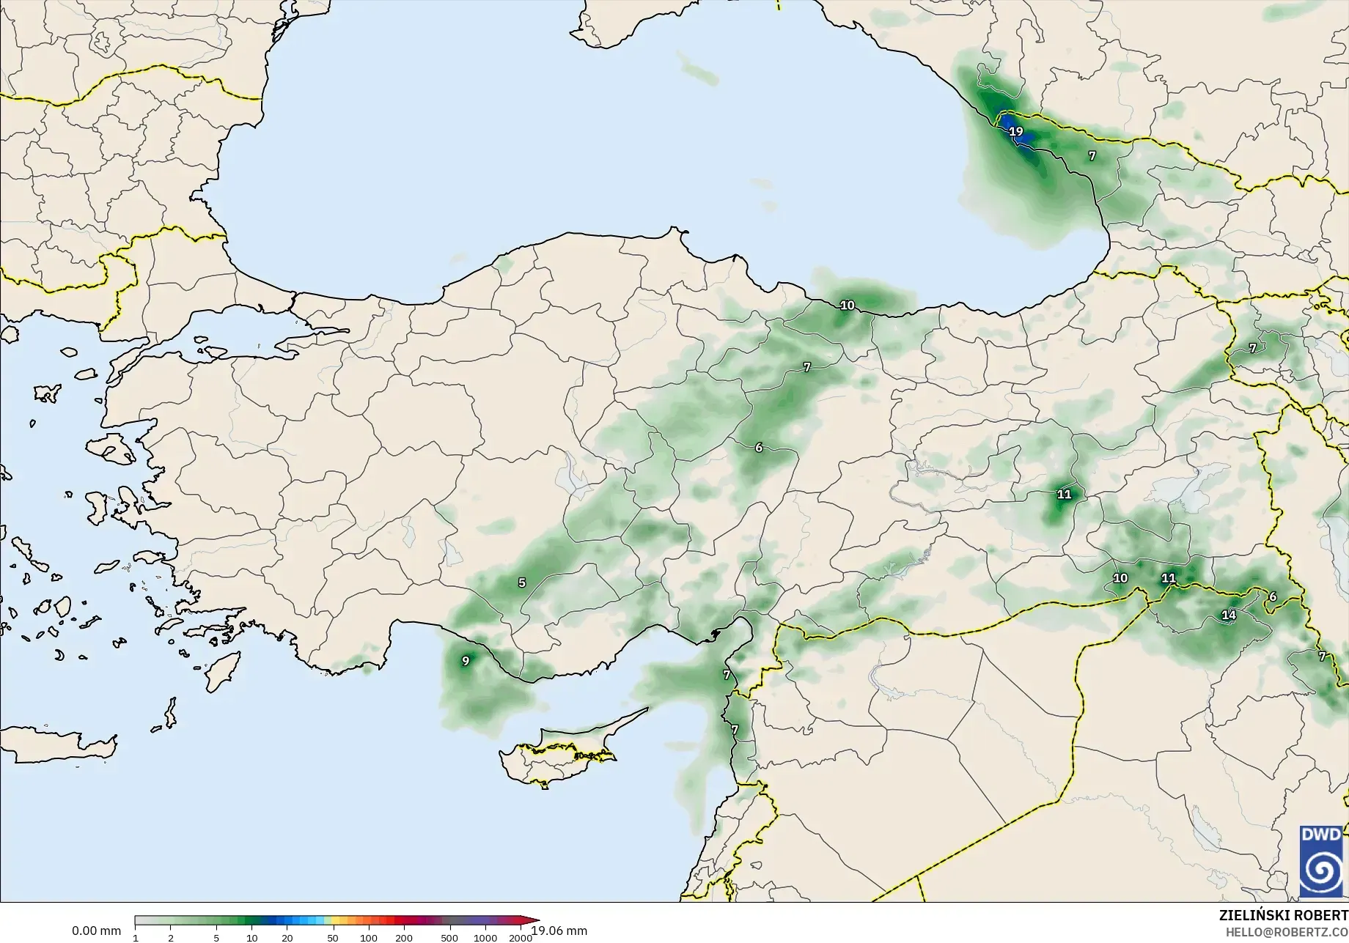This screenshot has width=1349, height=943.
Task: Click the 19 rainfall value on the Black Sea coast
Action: [1015, 132]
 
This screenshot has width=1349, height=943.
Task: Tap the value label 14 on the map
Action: [1229, 615]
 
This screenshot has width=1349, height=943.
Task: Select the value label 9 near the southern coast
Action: [466, 662]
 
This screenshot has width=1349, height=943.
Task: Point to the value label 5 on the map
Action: [522, 583]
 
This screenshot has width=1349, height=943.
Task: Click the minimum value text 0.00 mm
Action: [96, 931]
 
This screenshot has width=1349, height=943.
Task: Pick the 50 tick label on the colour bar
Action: [333, 938]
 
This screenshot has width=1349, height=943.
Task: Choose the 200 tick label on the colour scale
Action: [404, 938]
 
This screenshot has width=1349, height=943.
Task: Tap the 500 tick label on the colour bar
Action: [449, 938]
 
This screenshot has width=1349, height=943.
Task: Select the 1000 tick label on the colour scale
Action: [485, 938]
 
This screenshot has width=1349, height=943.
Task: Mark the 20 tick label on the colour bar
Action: [287, 938]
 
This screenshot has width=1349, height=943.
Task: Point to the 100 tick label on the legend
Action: [369, 938]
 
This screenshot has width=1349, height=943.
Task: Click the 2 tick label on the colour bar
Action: [171, 938]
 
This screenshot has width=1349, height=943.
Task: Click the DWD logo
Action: [1321, 861]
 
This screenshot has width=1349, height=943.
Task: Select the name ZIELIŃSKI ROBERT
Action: [1283, 916]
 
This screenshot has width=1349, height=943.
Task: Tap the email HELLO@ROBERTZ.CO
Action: [1287, 932]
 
